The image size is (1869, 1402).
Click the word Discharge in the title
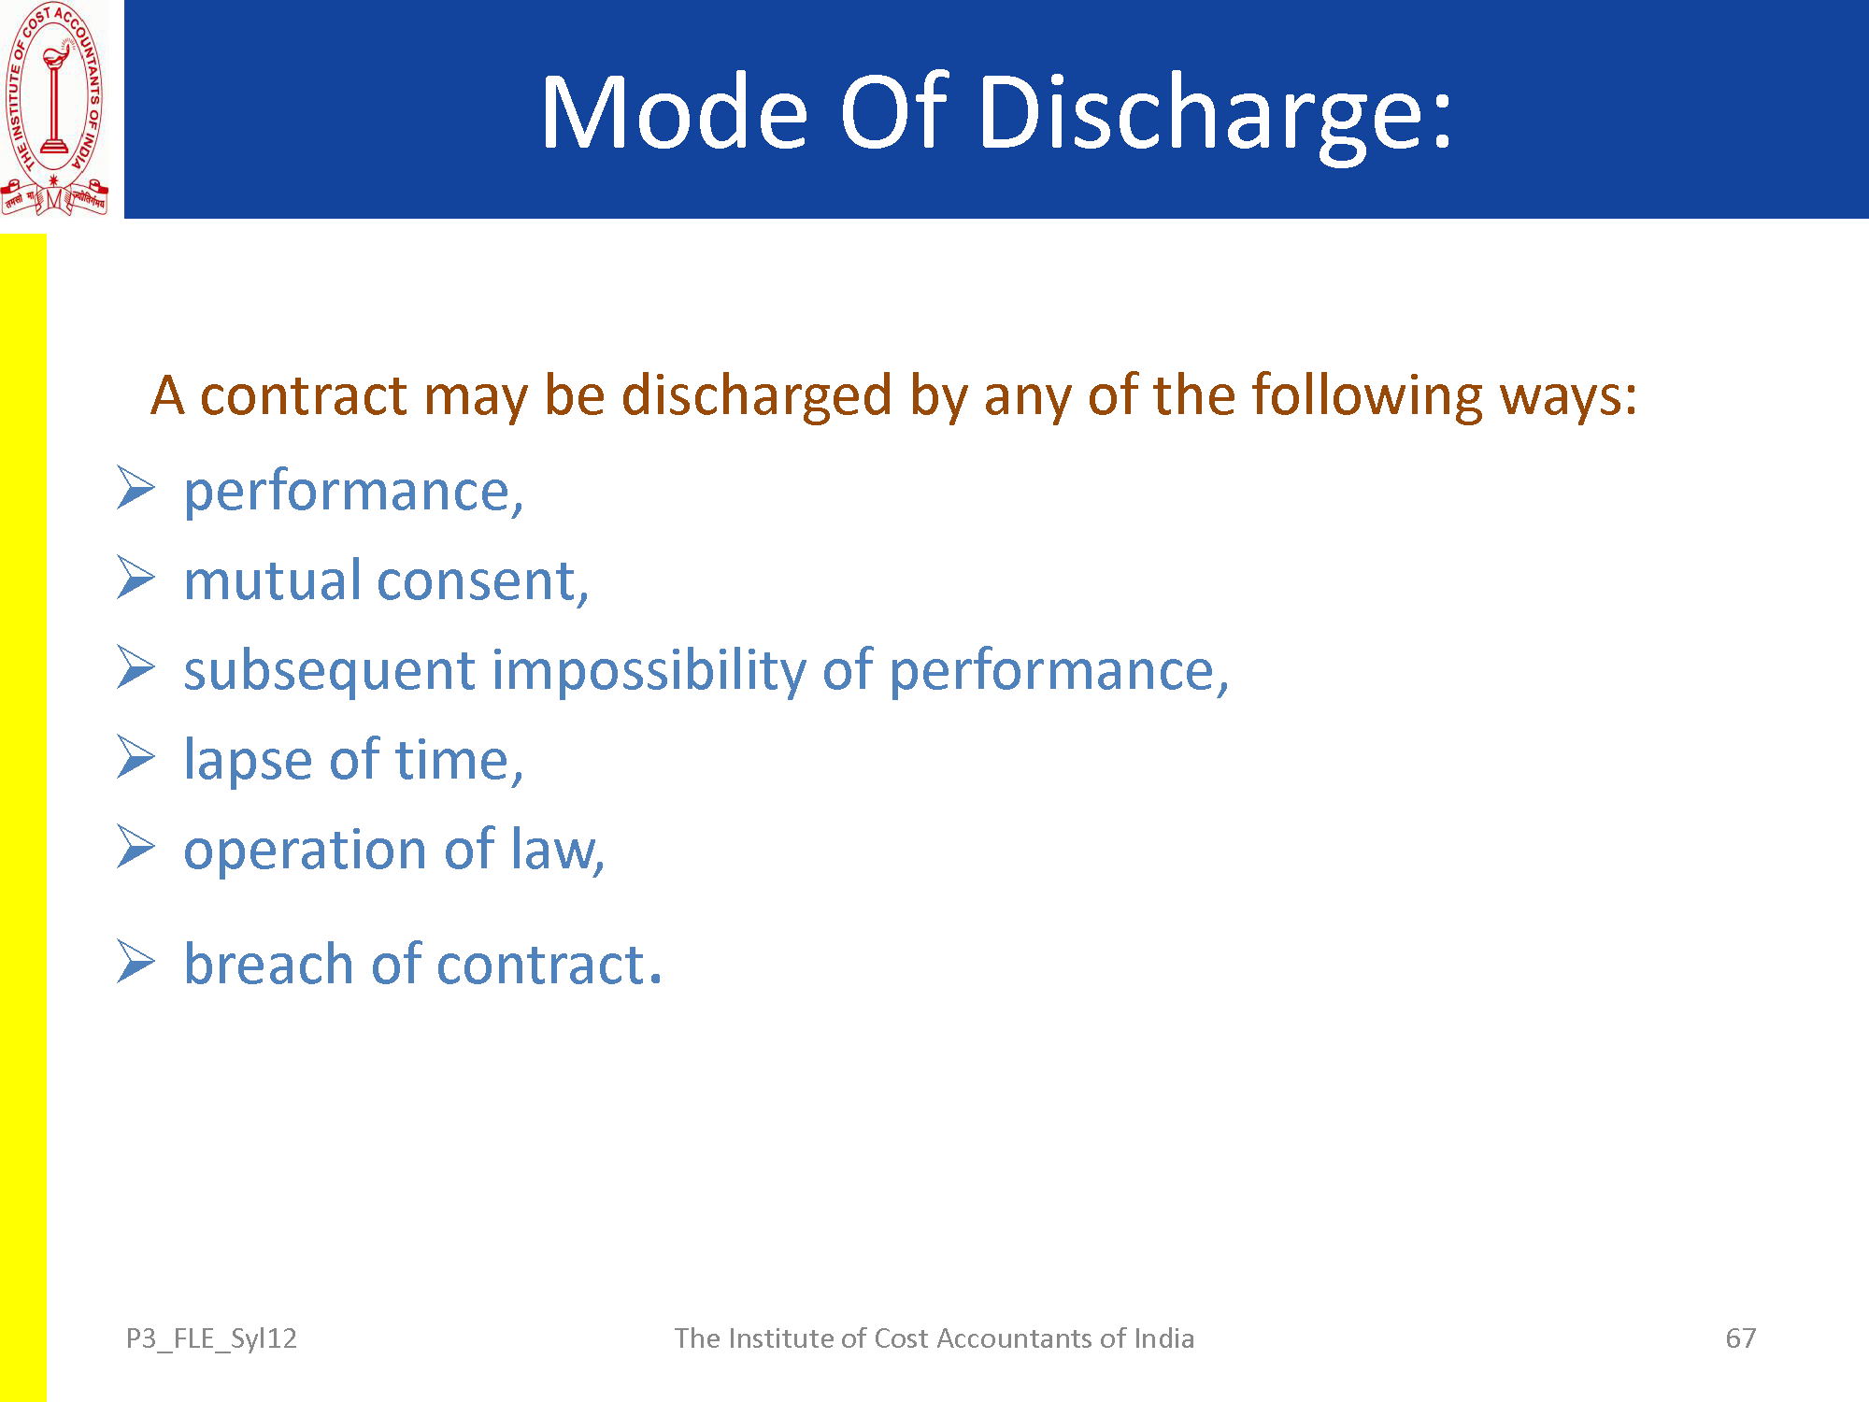click(x=1215, y=112)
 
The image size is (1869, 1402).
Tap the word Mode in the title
click(x=674, y=112)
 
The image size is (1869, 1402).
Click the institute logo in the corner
click(x=54, y=108)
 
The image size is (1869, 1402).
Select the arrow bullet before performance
click(x=136, y=489)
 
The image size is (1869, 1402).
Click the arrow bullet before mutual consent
click(x=136, y=578)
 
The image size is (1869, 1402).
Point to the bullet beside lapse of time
click(x=136, y=757)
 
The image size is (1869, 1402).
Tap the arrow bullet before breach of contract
click(x=136, y=962)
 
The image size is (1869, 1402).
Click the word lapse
click(x=248, y=760)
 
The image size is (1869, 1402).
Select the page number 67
click(x=1741, y=1338)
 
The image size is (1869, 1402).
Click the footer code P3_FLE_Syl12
click(x=211, y=1339)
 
